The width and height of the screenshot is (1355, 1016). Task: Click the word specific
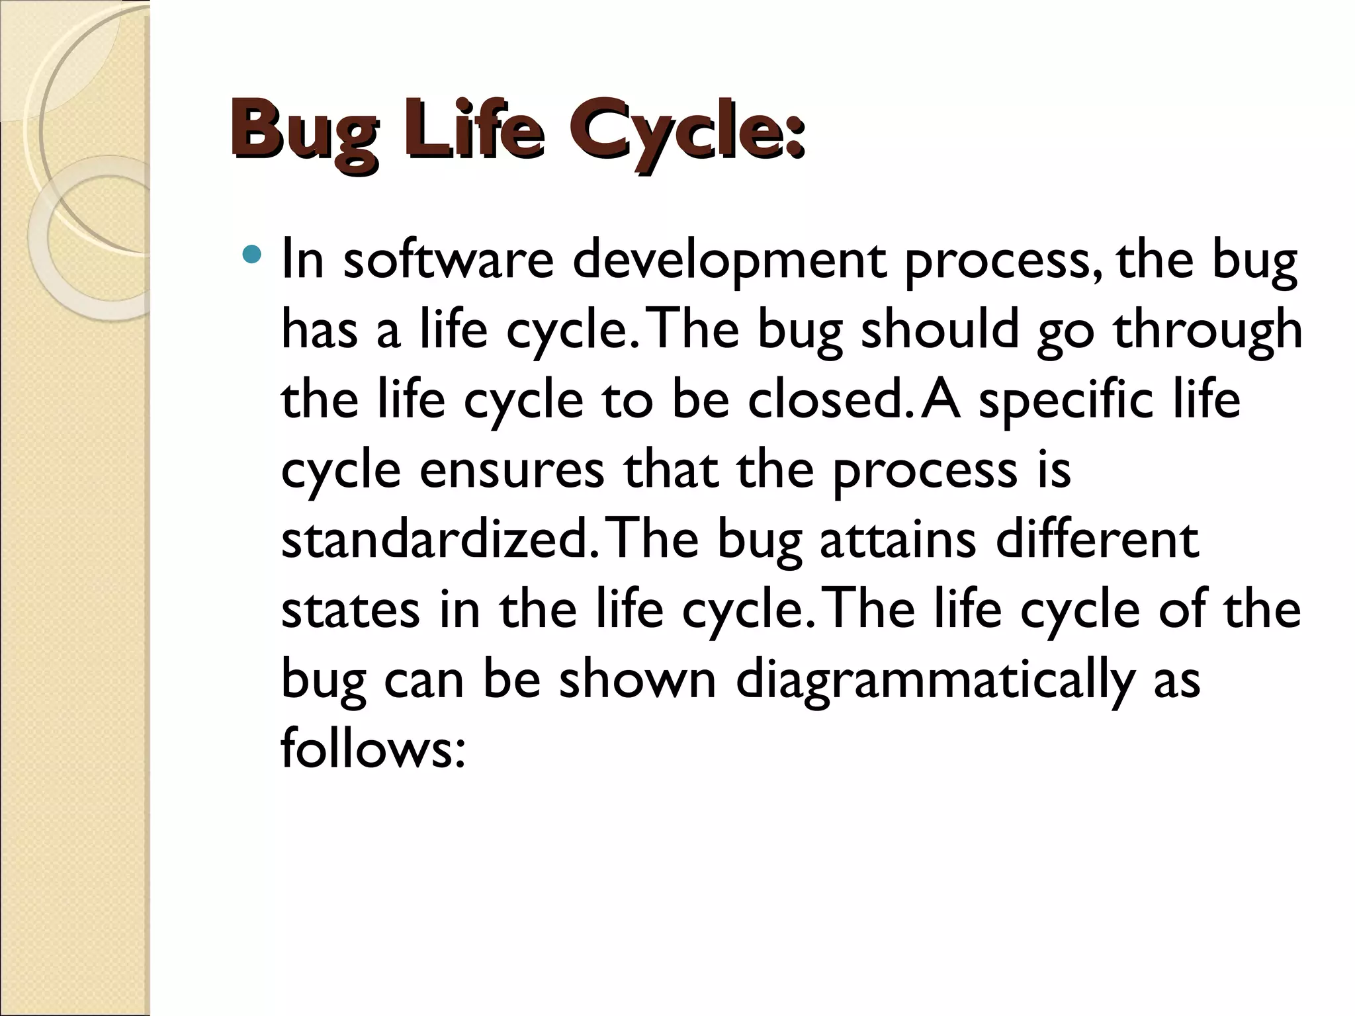click(x=1066, y=402)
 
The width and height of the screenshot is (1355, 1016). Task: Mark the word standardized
click(x=433, y=540)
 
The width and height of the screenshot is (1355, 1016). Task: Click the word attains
click(x=897, y=540)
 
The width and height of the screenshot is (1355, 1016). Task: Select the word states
click(x=350, y=609)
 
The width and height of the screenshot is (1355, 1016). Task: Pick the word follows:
click(x=373, y=749)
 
